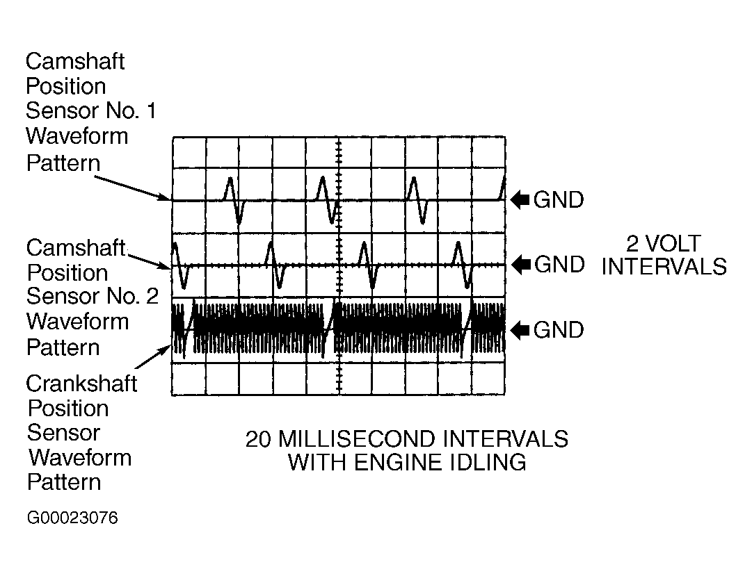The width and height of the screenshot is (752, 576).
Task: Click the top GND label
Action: click(x=559, y=200)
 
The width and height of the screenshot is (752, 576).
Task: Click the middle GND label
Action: click(x=559, y=265)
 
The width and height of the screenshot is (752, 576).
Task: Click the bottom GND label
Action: click(x=559, y=329)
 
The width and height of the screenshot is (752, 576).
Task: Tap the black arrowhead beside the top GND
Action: click(x=520, y=200)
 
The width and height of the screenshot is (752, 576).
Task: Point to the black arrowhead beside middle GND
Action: click(x=520, y=265)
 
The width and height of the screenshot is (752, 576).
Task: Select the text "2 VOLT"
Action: click(x=664, y=244)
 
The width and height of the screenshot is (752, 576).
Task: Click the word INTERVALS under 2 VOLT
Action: click(x=664, y=267)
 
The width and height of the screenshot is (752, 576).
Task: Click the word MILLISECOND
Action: click(x=350, y=439)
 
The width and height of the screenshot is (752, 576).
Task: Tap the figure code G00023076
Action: click(x=72, y=518)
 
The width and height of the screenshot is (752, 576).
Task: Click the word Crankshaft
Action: click(x=81, y=384)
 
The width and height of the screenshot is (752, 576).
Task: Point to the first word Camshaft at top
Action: click(x=75, y=61)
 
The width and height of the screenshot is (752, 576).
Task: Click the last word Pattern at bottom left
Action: click(x=63, y=482)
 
